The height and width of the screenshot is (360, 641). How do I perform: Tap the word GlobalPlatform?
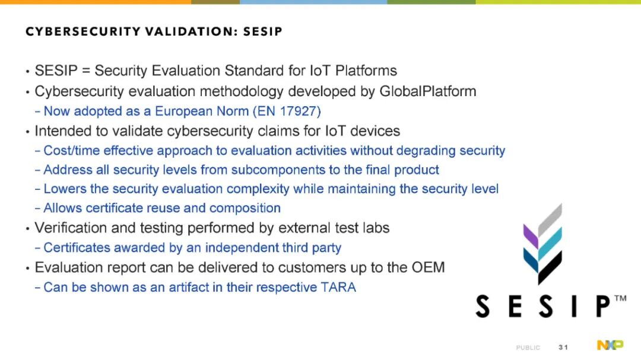[x=427, y=91]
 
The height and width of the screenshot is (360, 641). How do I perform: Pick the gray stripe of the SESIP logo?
[x=550, y=220]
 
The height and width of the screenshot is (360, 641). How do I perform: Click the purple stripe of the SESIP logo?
[x=531, y=236]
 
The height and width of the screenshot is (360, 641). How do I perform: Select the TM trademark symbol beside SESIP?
[x=620, y=298]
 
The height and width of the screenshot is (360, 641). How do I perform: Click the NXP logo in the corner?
[x=610, y=345]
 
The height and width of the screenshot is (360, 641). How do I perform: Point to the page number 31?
[x=563, y=348]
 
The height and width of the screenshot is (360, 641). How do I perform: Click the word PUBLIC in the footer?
[x=528, y=348]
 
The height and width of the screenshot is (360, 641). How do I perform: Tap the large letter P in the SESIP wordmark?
[x=602, y=306]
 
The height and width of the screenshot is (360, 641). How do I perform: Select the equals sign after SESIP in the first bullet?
[x=86, y=71]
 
